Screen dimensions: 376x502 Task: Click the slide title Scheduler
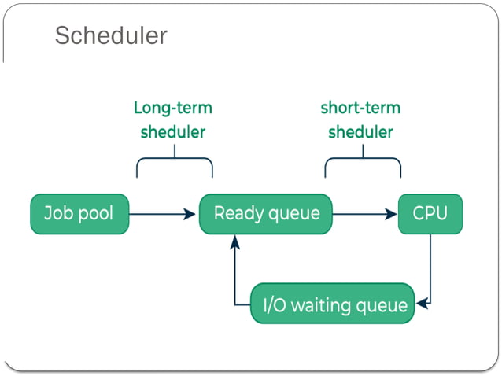coord(111,35)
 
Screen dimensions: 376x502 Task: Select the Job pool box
coord(79,213)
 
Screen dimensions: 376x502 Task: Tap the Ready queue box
coord(266,213)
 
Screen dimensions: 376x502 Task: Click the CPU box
coord(430,213)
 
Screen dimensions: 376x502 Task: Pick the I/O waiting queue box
coord(333,304)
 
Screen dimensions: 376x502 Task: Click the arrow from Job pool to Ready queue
coord(161,213)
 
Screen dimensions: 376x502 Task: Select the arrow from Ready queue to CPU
coord(364,213)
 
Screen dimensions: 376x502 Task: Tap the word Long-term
coord(172,108)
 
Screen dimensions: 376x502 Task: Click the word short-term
coord(360,108)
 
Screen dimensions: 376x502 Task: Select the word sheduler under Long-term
coord(172,131)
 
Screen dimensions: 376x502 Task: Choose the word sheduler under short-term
coord(360,131)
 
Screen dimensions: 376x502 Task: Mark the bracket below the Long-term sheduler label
coord(174,164)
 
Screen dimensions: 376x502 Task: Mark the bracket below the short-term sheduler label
coord(363,164)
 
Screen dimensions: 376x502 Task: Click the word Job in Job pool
coord(58,213)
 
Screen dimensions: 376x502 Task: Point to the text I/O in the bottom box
coord(275,304)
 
